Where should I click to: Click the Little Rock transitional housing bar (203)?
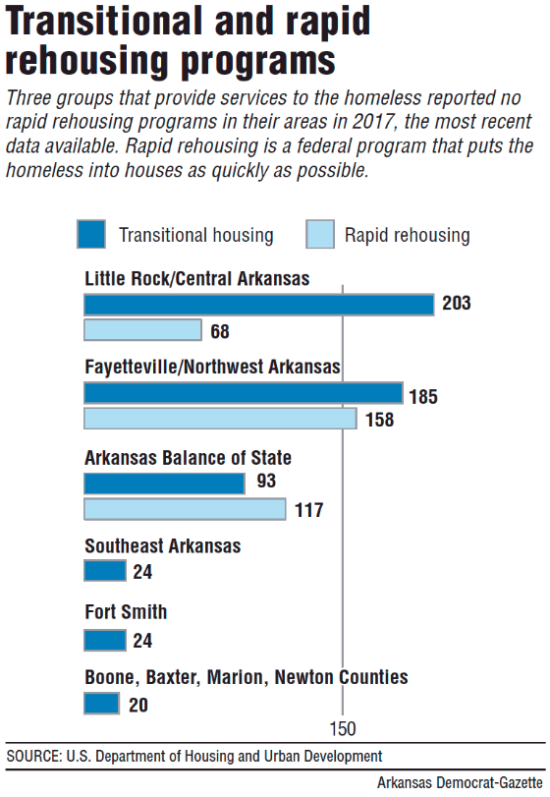pyautogui.click(x=259, y=305)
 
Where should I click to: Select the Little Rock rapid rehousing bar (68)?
pyautogui.click(x=143, y=330)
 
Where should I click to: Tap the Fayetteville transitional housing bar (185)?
pyautogui.click(x=244, y=393)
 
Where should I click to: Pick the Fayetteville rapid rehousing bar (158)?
pyautogui.click(x=220, y=419)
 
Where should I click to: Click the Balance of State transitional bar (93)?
pyautogui.click(x=165, y=484)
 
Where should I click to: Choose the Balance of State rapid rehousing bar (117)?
pyautogui.click(x=185, y=509)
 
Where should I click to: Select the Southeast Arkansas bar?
pyautogui.click(x=105, y=571)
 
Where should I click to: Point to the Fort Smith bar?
pyautogui.click(x=105, y=641)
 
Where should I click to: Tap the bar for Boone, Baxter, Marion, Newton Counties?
pyautogui.click(x=102, y=704)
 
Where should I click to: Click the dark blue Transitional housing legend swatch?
pyautogui.click(x=91, y=235)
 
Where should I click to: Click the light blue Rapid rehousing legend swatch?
pyautogui.click(x=319, y=235)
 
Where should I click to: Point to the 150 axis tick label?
pyautogui.click(x=343, y=729)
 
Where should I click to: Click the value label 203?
pyautogui.click(x=457, y=304)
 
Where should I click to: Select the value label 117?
pyautogui.click(x=308, y=510)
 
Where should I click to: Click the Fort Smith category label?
pyautogui.click(x=126, y=612)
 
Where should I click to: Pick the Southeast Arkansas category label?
pyautogui.click(x=163, y=546)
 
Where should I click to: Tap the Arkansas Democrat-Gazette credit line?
pyautogui.click(x=461, y=782)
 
